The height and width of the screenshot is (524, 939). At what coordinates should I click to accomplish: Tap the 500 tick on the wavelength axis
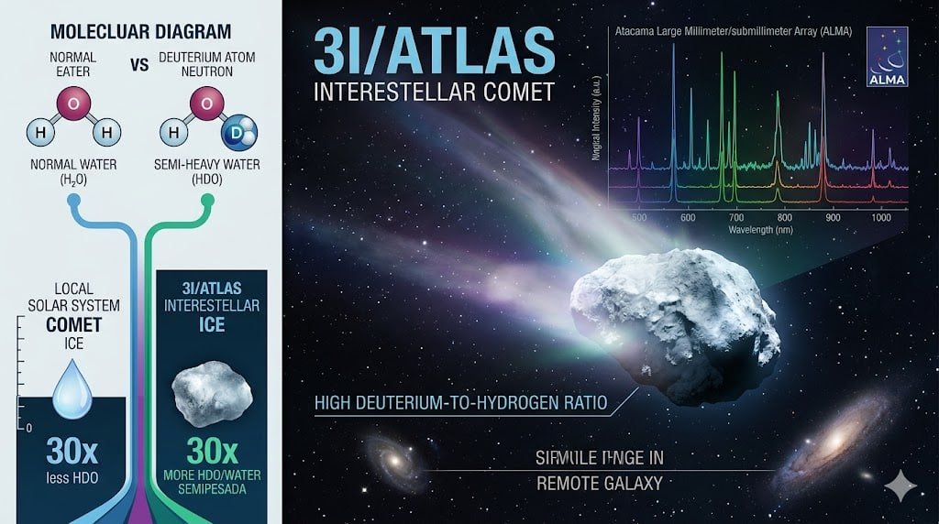(640, 217)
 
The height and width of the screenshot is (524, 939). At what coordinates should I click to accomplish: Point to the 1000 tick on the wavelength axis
(880, 217)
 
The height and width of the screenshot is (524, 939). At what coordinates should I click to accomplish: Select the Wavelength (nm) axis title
(762, 230)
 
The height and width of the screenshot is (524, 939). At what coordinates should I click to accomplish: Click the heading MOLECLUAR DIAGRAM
(140, 32)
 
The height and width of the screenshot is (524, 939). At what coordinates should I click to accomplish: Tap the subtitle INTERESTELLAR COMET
(434, 93)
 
